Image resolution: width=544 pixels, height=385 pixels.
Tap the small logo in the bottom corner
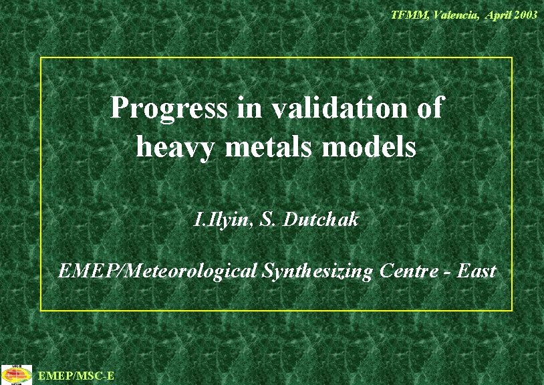click(16, 375)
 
